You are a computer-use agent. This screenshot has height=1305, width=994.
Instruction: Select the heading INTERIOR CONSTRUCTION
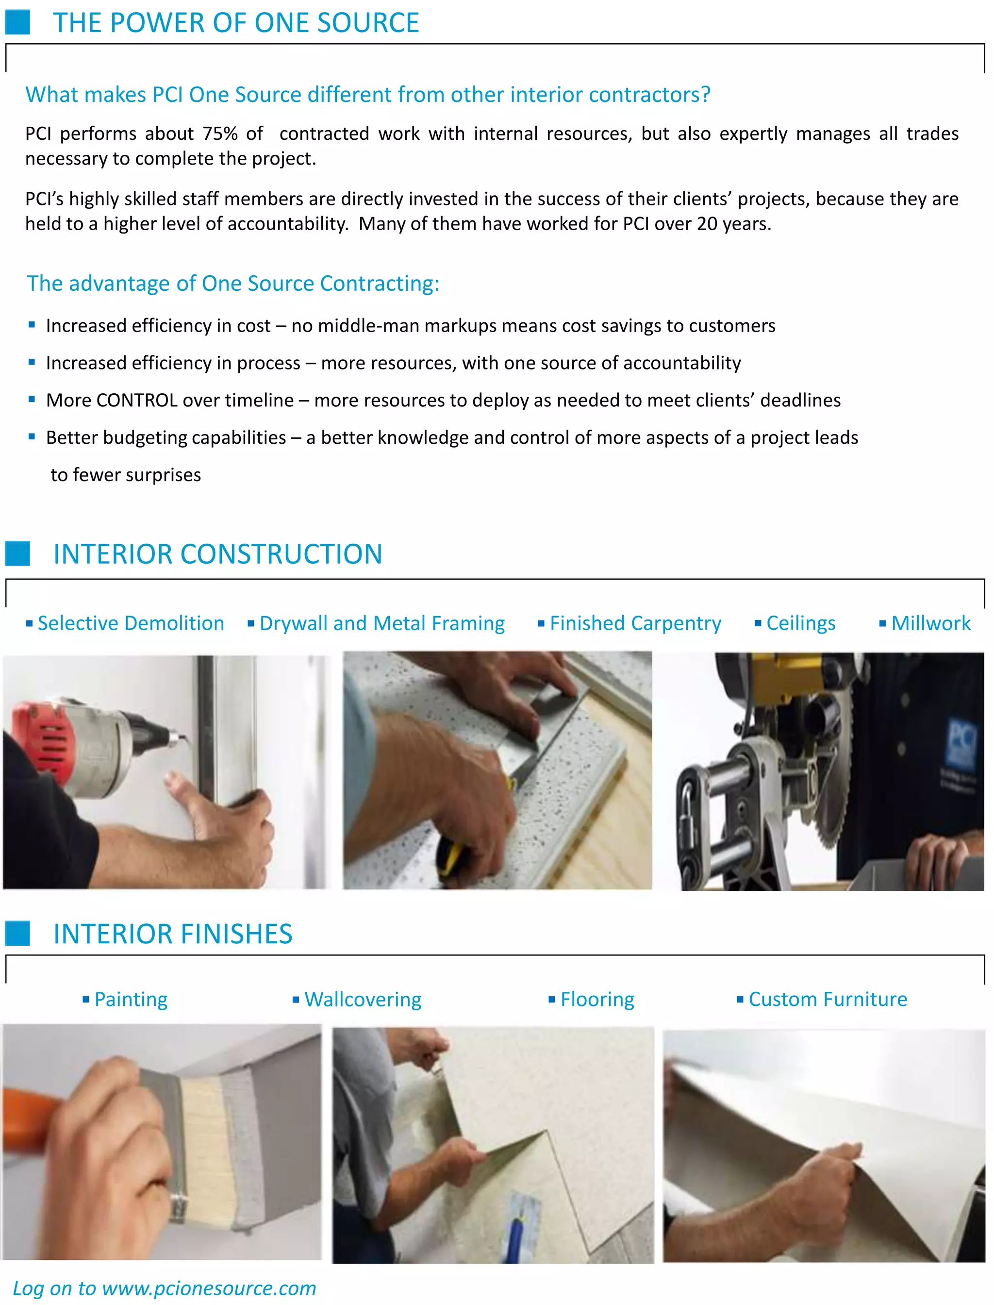218,554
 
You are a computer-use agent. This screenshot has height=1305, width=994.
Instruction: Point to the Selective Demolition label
130,623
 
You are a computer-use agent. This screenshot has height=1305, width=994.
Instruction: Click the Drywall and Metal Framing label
381,623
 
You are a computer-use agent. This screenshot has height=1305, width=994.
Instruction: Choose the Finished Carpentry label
635,623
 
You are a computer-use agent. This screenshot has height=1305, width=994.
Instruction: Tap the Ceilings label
800,623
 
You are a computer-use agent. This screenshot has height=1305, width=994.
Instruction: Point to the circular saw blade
828,787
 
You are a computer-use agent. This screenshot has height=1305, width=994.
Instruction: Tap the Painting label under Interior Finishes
131,1000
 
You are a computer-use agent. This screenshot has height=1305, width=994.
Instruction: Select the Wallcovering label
363,1000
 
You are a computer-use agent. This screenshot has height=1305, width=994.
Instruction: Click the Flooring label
597,1000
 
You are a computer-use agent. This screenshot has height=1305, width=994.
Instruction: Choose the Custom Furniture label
827,1000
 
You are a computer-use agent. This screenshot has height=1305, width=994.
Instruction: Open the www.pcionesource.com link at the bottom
209,1288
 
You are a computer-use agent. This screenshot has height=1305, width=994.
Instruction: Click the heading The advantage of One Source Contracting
233,284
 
